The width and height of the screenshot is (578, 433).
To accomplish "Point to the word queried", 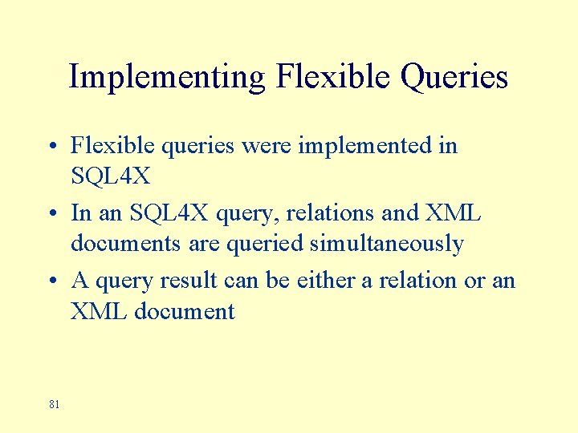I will click(265, 243).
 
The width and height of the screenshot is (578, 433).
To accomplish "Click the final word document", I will click(185, 311).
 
